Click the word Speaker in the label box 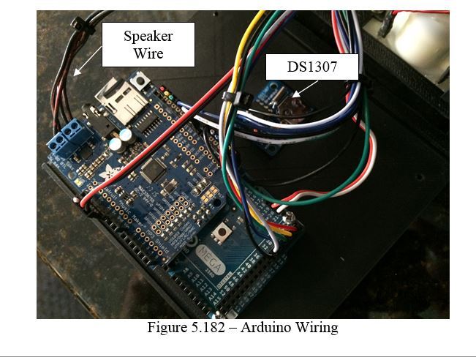coord(148,36)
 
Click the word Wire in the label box coord(148,53)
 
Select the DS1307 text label coord(311,67)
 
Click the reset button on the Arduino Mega coord(221,236)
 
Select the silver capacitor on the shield coord(128,136)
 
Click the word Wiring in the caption coord(317,327)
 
